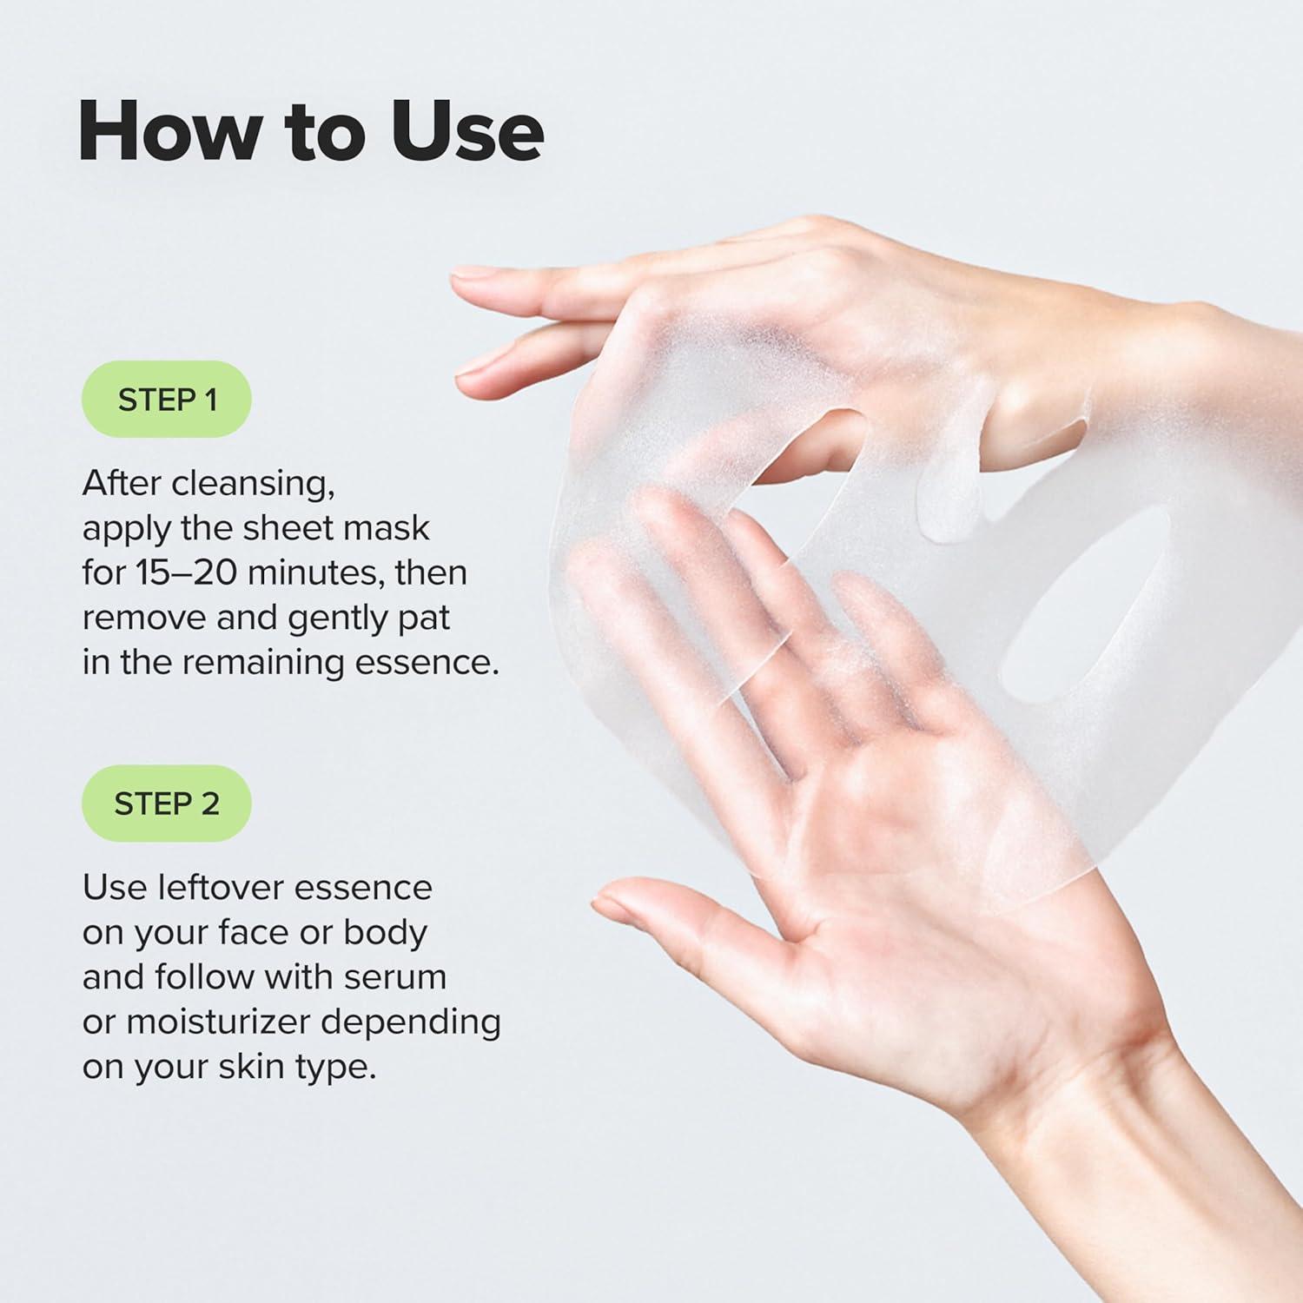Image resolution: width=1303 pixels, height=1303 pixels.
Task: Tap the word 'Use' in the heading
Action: click(466, 131)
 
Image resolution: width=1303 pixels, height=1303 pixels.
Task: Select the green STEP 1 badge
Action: click(167, 400)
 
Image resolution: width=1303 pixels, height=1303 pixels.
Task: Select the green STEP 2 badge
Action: click(167, 804)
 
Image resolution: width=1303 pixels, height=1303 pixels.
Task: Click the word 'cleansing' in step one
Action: click(252, 484)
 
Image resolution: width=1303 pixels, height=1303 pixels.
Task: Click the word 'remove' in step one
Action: click(143, 618)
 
